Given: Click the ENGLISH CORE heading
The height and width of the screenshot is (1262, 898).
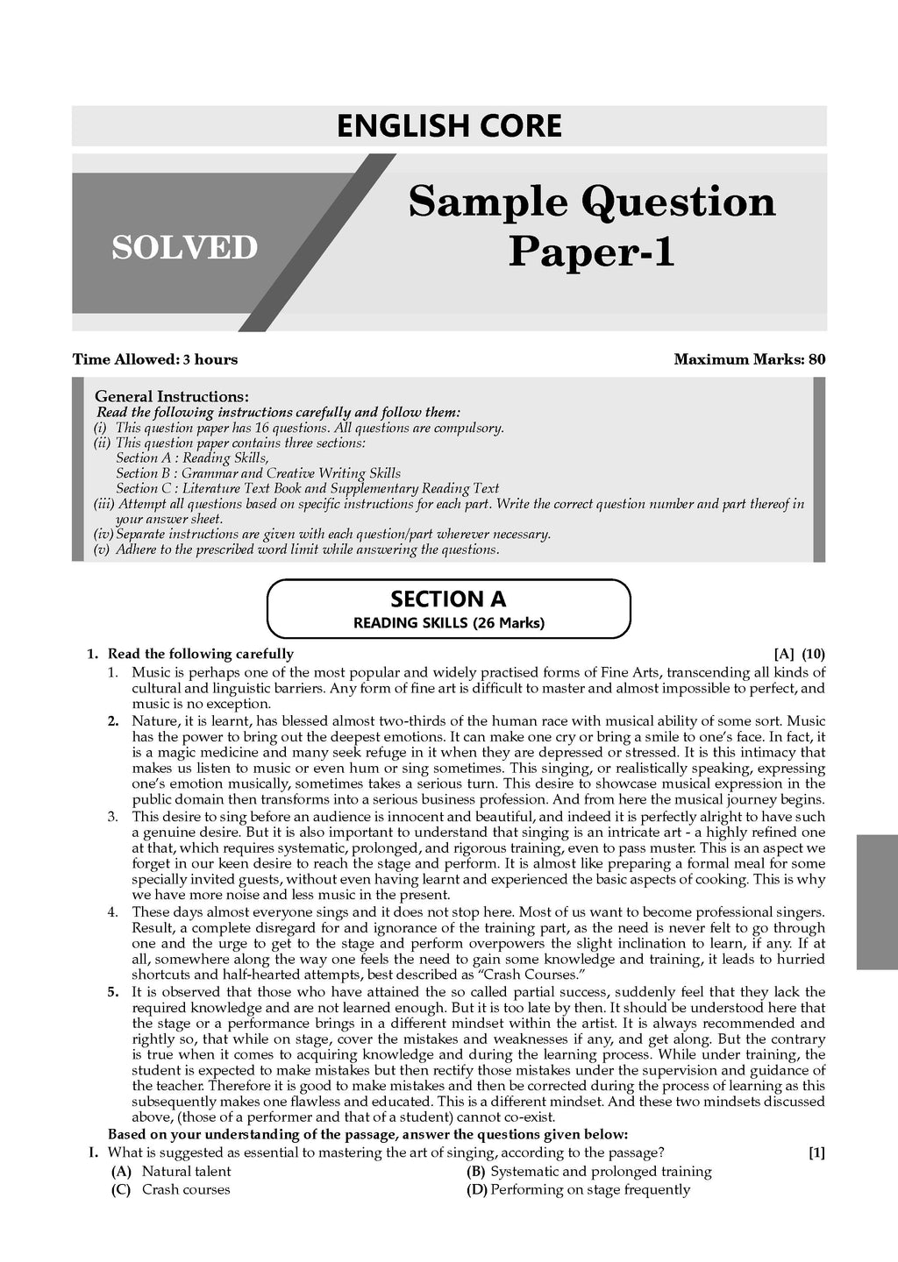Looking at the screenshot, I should point(449,126).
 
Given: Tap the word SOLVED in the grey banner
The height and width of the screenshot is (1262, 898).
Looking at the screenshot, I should point(184,248).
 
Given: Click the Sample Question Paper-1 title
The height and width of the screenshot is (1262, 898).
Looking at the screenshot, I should point(592,226).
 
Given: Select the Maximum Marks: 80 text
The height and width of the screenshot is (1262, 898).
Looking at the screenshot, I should point(750,359).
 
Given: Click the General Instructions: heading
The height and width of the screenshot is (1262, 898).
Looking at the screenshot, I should point(171,396).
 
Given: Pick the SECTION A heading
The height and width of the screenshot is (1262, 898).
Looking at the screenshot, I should point(448,599).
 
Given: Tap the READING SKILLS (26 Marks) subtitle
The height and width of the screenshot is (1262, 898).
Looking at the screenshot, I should point(448,624).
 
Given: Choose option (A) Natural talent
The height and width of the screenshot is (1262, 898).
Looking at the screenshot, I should point(172,1172).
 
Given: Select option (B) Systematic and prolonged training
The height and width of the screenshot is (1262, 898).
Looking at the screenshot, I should point(589,1172).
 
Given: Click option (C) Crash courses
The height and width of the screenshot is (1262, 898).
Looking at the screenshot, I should point(171,1190).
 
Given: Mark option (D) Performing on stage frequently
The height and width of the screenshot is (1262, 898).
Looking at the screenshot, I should point(579,1190).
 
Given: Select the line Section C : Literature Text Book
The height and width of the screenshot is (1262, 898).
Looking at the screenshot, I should point(307,489).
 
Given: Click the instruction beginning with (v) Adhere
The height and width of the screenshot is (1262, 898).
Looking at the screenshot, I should point(296,550).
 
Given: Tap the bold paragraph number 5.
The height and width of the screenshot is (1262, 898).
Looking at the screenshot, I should point(113,992).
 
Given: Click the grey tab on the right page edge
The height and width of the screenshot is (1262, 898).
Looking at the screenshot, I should point(877,902).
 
